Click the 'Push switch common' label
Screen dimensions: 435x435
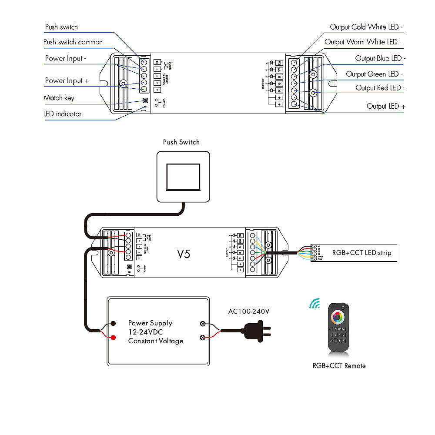pyautogui.click(x=73, y=42)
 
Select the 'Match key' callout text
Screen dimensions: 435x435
pyautogui.click(x=59, y=98)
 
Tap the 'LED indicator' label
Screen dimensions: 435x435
pyautogui.click(x=63, y=114)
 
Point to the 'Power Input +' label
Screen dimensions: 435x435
pyautogui.click(x=67, y=80)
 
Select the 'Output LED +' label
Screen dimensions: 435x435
pyautogui.click(x=386, y=106)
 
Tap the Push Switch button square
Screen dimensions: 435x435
pyautogui.click(x=183, y=177)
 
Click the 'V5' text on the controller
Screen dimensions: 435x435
pyautogui.click(x=184, y=254)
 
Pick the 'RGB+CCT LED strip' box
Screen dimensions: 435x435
pyautogui.click(x=361, y=252)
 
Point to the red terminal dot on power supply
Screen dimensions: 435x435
pyautogui.click(x=113, y=337)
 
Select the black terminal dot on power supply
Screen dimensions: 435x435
pyautogui.click(x=113, y=323)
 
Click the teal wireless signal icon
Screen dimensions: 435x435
pyautogui.click(x=315, y=303)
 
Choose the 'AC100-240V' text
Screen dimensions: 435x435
pyautogui.click(x=249, y=311)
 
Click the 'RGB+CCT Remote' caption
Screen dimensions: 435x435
pyautogui.click(x=339, y=366)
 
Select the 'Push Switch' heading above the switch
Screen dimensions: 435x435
pyautogui.click(x=181, y=142)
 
